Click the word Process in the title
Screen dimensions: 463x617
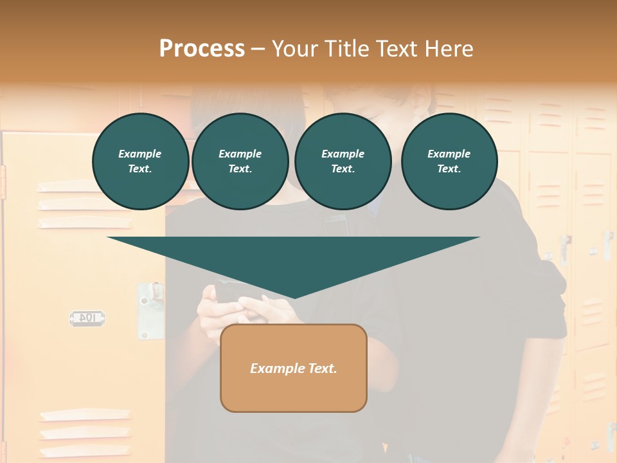pos(202,49)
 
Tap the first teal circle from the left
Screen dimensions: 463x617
pos(140,161)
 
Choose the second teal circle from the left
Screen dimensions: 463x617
pos(240,161)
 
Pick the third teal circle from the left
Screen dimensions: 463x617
pos(343,161)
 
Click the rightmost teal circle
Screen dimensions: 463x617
pos(449,161)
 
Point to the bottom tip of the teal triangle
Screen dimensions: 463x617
pos(294,297)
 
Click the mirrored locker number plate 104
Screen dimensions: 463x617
pos(87,318)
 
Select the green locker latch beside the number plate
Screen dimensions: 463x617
pos(151,310)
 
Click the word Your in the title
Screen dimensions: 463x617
pos(296,49)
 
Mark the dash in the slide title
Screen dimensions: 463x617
pos(258,49)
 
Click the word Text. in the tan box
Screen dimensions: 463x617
pos(323,368)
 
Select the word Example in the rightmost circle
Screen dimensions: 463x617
pos(449,154)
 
